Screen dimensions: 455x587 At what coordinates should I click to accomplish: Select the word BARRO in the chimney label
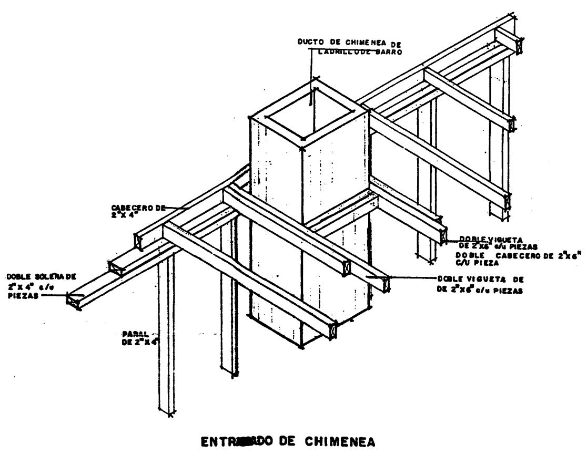(386, 51)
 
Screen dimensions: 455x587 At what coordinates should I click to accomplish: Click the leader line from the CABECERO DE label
(176, 209)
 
